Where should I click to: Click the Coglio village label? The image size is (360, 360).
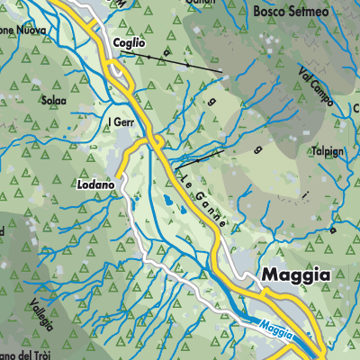coord(129,43)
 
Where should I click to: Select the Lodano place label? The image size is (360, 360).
coord(96,184)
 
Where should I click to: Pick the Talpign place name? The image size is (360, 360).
coord(327,151)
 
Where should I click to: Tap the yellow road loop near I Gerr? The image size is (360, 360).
coord(156,142)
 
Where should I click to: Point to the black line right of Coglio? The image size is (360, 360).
coord(171,61)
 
